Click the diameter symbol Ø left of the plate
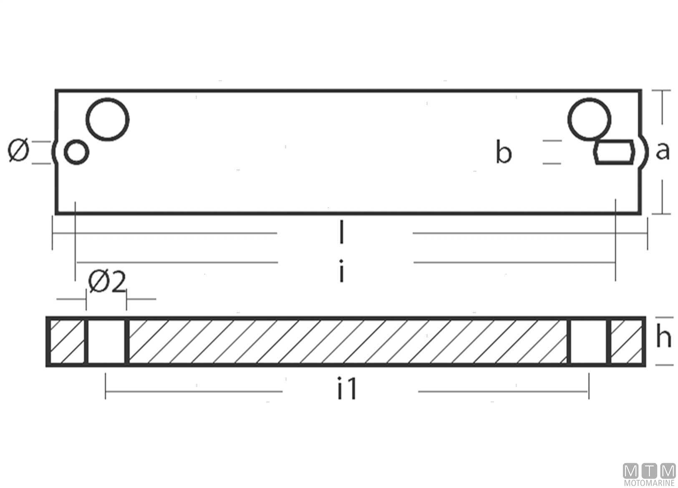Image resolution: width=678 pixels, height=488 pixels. click(x=18, y=151)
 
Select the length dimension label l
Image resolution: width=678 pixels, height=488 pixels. click(x=341, y=232)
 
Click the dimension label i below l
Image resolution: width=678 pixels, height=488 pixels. click(x=341, y=271)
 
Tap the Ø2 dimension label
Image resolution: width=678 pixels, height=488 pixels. click(x=106, y=282)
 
